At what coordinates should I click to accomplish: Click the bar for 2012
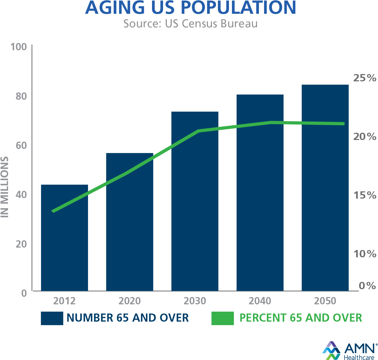click(x=65, y=243)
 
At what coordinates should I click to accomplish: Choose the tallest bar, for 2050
click(x=325, y=189)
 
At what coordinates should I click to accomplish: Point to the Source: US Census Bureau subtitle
click(x=191, y=24)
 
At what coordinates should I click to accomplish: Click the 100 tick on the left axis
click(x=19, y=47)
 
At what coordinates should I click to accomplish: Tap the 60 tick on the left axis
click(x=21, y=146)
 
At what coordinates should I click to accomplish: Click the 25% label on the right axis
click(x=364, y=78)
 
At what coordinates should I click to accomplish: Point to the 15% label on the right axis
click(x=364, y=195)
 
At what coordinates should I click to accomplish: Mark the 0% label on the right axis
click(x=367, y=286)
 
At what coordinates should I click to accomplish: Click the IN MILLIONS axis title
click(x=5, y=187)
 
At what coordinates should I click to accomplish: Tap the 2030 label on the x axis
click(x=195, y=301)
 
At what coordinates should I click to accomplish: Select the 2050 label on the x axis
click(x=325, y=301)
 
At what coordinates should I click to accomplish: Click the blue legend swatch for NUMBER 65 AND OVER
click(x=52, y=318)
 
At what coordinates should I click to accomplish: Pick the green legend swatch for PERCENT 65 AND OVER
click(x=222, y=318)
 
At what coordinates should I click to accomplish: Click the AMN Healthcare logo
click(x=350, y=351)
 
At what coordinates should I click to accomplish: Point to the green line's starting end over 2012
click(x=53, y=211)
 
